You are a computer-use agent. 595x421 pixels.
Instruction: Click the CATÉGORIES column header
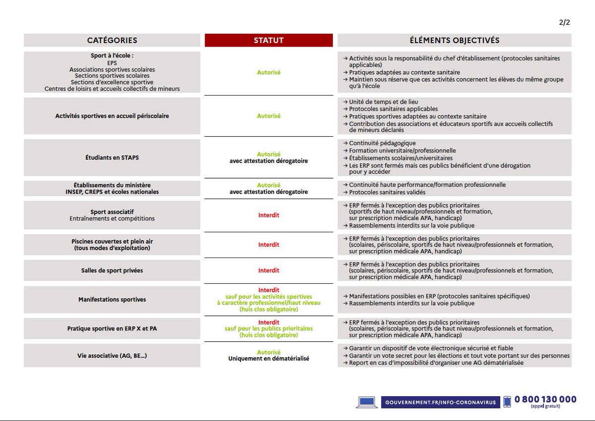(112, 41)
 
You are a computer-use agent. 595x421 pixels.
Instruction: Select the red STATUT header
(268, 41)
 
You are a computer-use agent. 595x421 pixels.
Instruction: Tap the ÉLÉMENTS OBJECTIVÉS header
(454, 41)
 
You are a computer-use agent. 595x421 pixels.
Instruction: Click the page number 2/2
(565, 22)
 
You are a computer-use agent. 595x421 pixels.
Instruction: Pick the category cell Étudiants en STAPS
(112, 158)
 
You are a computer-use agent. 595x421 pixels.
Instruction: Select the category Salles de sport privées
(112, 270)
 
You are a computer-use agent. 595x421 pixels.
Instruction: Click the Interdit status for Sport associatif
(268, 215)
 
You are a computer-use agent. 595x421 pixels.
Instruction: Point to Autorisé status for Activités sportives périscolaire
(268, 116)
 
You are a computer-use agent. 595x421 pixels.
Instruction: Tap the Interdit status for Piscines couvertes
(268, 245)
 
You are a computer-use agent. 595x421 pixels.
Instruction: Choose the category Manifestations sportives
(112, 300)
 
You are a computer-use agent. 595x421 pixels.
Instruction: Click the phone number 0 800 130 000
(545, 399)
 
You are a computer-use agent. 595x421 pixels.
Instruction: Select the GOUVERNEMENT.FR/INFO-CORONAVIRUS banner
(440, 402)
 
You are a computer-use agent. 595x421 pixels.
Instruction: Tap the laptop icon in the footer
(367, 402)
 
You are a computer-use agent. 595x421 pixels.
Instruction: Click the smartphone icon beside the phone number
(507, 402)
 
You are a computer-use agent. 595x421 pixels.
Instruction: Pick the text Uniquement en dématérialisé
(268, 359)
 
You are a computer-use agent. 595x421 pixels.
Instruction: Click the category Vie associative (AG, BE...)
(112, 356)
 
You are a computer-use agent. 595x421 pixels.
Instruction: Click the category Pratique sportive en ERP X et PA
(112, 329)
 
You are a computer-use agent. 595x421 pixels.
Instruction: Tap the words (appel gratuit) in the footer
(545, 407)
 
